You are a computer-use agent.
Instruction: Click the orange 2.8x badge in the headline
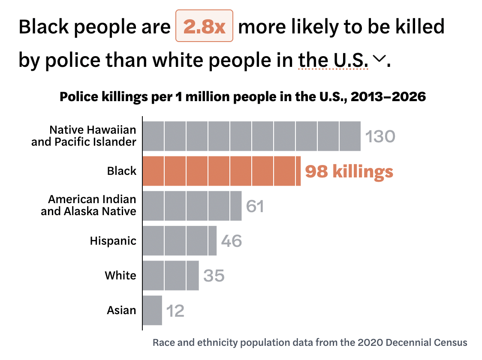[204, 27]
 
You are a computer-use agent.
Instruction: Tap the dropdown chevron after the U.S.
[378, 58]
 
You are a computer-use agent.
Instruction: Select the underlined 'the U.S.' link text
[333, 60]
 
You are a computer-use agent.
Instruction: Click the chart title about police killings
[242, 96]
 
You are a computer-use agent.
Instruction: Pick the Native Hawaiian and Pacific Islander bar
[251, 136]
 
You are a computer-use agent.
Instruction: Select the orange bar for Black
[221, 171]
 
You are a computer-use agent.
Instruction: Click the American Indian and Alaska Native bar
[192, 206]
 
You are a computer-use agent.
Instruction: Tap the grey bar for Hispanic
[179, 240]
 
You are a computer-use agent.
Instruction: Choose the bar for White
[170, 275]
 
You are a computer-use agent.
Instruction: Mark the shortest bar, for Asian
[152, 310]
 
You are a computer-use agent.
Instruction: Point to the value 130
[380, 137]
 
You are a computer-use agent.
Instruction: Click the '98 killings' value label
[349, 171]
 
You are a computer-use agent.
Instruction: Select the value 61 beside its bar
[255, 206]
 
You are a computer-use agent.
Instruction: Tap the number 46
[232, 241]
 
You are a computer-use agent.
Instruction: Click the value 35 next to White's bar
[214, 276]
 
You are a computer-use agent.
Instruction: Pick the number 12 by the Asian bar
[175, 311]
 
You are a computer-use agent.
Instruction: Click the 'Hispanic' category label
[113, 241]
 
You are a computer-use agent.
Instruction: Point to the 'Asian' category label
[121, 310]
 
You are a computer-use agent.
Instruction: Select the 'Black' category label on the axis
[122, 171]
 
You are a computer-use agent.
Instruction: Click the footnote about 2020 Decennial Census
[310, 343]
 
